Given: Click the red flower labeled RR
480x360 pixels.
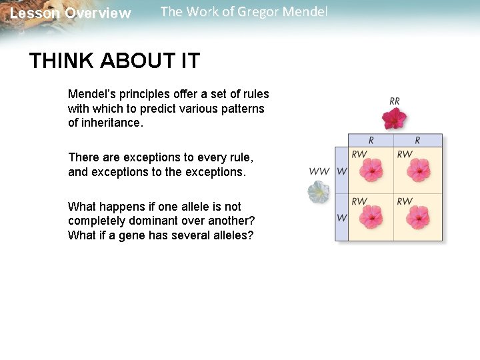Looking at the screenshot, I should (394, 119).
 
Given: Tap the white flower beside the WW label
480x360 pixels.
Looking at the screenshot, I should (318, 192).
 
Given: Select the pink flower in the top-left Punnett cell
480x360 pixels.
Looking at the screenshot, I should (371, 170).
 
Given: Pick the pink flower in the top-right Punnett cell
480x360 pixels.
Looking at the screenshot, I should (418, 170).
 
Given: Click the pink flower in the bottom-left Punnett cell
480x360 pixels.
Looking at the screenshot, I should (371, 217).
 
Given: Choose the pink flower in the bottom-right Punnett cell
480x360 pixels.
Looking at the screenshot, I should (418, 217).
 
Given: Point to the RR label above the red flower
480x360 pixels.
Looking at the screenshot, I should (395, 101).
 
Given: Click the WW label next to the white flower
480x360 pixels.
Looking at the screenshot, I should (319, 171).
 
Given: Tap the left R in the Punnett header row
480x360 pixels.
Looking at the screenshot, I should (371, 141).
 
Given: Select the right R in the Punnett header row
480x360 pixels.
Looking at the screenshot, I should (417, 141).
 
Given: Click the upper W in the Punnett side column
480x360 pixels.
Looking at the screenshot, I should (341, 171).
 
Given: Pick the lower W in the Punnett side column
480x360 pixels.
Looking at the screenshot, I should (341, 217).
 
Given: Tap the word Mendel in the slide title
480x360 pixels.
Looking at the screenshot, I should (303, 12).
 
